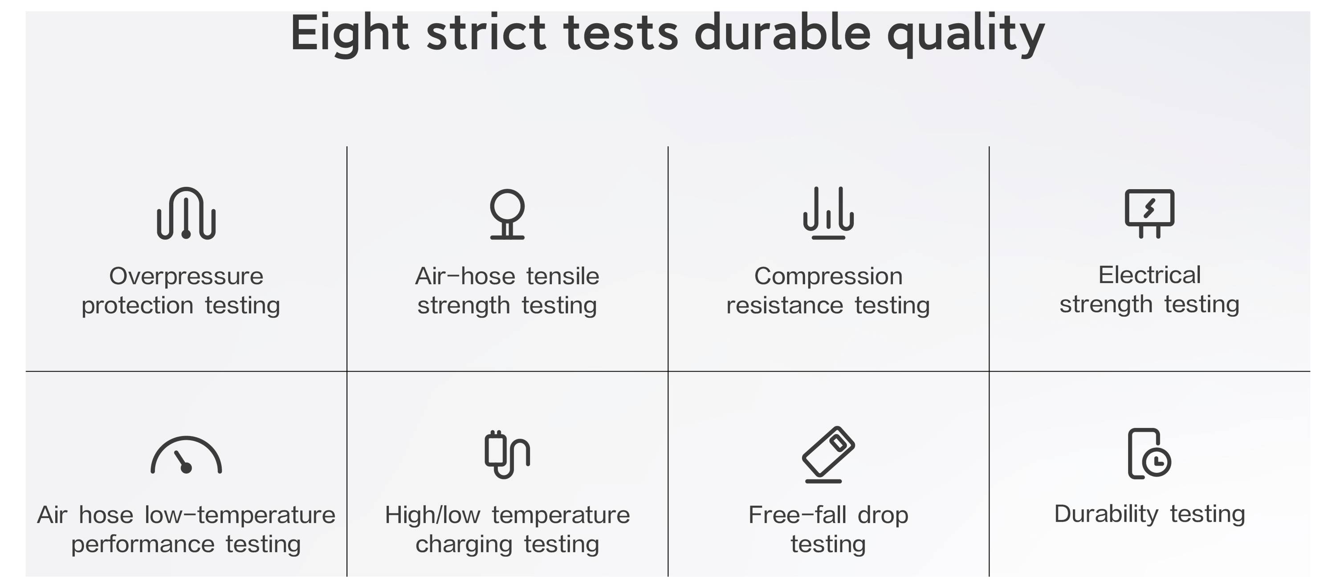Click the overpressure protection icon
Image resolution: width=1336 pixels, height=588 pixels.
[x=186, y=213]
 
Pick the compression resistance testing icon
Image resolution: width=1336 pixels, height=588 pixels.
[x=828, y=213]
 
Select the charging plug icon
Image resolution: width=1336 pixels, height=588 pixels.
[x=507, y=454]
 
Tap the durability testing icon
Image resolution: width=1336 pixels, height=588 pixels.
[x=1149, y=454]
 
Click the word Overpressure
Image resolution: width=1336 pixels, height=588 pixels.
[x=186, y=276]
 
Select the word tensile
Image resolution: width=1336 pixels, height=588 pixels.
[x=563, y=276]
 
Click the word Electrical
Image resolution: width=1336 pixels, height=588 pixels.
[x=1149, y=275]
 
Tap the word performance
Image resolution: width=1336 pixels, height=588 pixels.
[x=143, y=545]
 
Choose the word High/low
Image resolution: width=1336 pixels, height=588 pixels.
[x=432, y=515]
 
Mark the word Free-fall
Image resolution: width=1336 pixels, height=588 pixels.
[x=797, y=515]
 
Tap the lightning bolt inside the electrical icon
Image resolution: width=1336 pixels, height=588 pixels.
[x=1149, y=208]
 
